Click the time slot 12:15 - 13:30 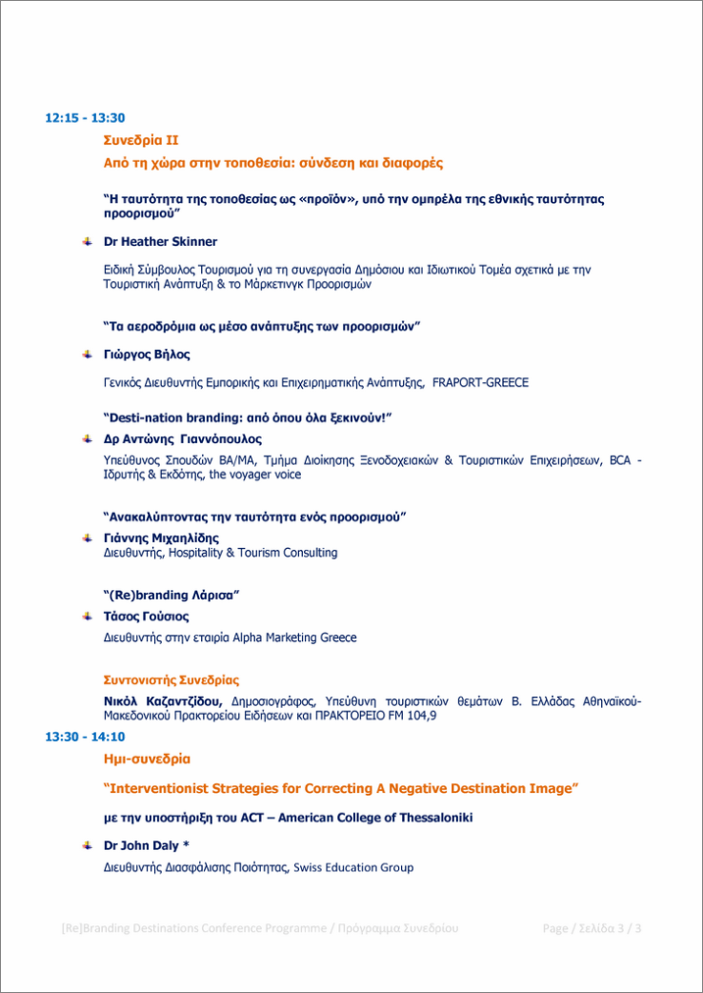click(85, 118)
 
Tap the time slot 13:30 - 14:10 click(85, 737)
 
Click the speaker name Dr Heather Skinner click(160, 241)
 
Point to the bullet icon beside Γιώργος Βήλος click(88, 355)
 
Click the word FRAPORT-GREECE click(480, 382)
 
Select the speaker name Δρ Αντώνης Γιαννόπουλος click(182, 439)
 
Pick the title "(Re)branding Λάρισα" click(171, 595)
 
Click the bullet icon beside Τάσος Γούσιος click(88, 617)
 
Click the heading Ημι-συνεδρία click(147, 760)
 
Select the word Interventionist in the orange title click(160, 789)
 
